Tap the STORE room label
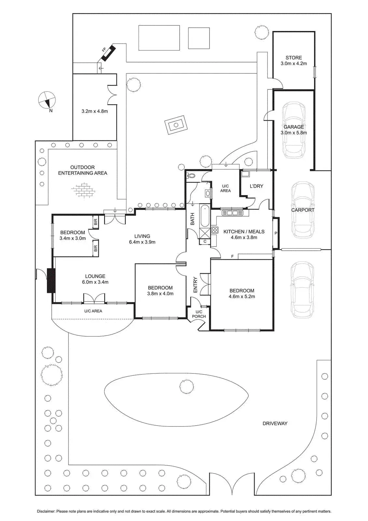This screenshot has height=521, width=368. [x=293, y=58]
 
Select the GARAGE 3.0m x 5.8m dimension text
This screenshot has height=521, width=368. [x=293, y=133]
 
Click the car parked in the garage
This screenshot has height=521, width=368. [x=293, y=130]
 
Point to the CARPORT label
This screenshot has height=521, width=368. [x=303, y=210]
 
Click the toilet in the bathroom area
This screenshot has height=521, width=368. [x=191, y=176]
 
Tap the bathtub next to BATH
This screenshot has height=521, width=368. [x=204, y=216]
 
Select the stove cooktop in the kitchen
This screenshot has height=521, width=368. [x=215, y=230]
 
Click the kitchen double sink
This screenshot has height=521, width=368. [x=232, y=213]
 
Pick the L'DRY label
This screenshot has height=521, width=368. [x=256, y=186]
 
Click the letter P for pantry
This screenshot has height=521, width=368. [x=276, y=233]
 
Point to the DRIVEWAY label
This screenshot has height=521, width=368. [x=275, y=424]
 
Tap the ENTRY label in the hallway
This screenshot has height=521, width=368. [x=195, y=285]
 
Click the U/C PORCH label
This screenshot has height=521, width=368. [x=199, y=314]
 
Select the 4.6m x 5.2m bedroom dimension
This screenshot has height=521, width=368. [x=242, y=297]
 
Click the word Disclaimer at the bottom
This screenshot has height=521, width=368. [x=46, y=512]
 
